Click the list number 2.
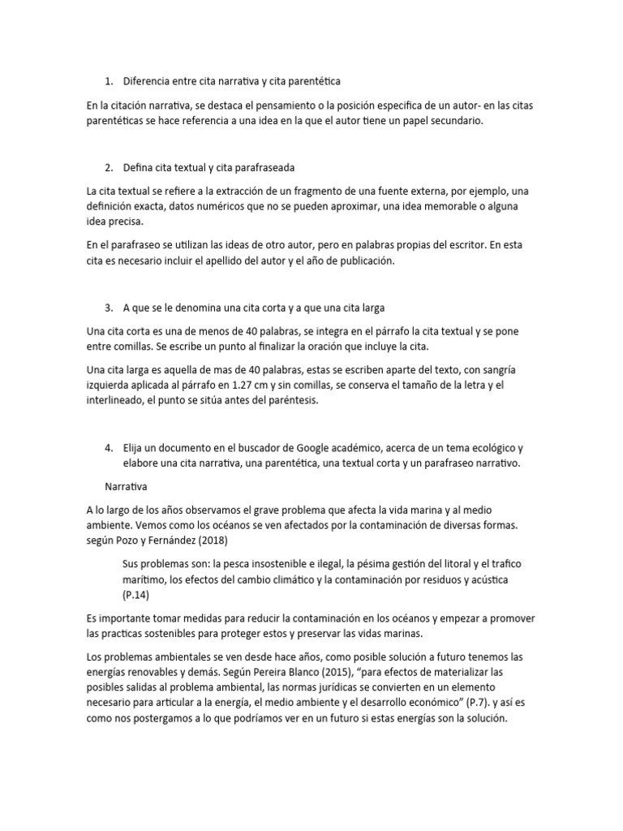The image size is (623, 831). point(109,168)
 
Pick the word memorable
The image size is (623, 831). point(460,206)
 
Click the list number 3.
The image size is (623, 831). point(109,308)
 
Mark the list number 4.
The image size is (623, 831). point(109,448)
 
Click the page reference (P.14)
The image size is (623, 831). point(135,595)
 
